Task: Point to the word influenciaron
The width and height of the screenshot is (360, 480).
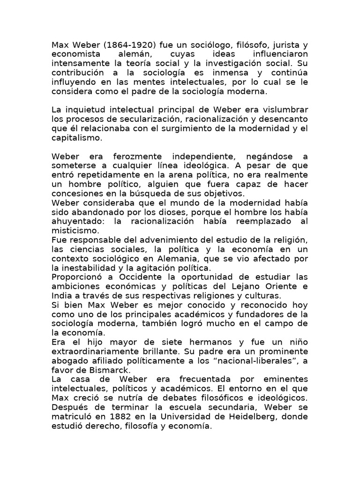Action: click(x=277, y=54)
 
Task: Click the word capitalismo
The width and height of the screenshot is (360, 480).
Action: click(x=75, y=138)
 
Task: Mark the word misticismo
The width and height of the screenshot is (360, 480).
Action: click(x=75, y=231)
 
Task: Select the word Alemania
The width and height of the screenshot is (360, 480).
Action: click(x=183, y=258)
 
